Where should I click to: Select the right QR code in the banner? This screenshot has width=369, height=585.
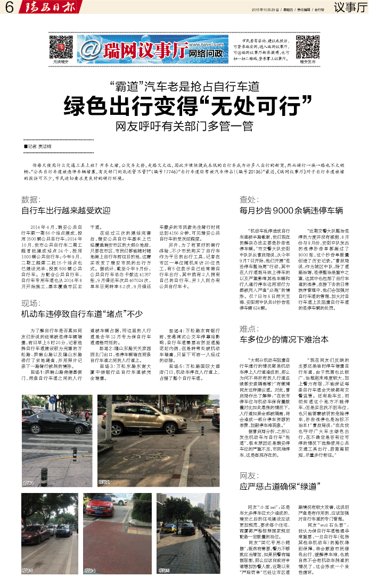click(308, 46)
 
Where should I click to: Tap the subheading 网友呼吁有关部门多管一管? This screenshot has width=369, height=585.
click(184, 127)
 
